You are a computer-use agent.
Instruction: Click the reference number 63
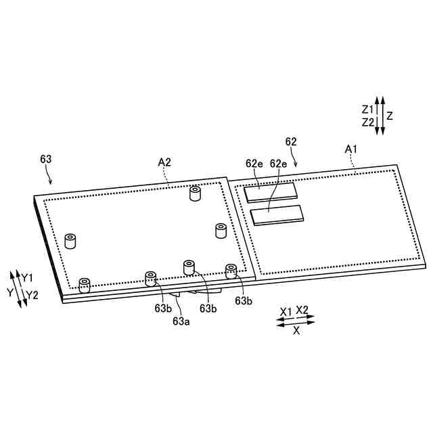(x=46, y=160)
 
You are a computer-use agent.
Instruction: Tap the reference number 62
(x=291, y=141)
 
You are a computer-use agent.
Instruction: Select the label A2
(x=164, y=162)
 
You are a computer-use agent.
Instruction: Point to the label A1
(x=351, y=150)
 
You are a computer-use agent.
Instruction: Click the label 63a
(x=181, y=321)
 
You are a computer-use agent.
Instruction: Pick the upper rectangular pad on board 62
(x=271, y=192)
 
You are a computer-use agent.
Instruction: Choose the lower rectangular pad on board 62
(x=277, y=215)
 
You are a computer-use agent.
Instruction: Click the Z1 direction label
(x=367, y=110)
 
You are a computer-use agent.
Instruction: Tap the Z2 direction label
(x=368, y=122)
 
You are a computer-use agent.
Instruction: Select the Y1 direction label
(x=27, y=278)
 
